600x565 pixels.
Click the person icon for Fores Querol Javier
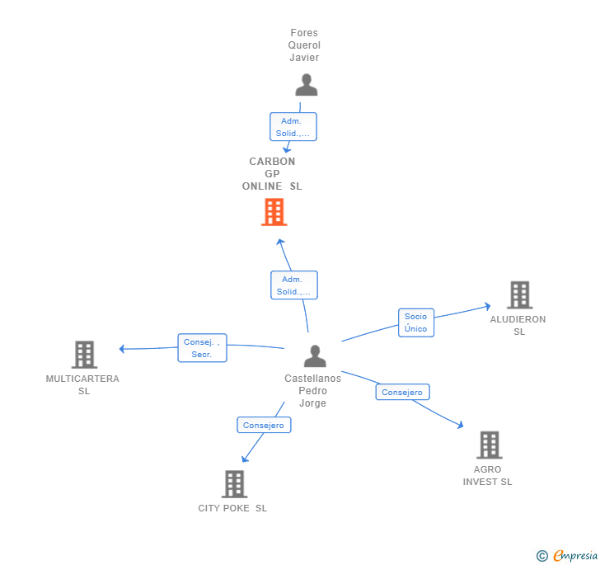click(x=306, y=85)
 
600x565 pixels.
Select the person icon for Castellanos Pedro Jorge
click(x=315, y=356)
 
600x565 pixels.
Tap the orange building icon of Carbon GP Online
click(x=274, y=212)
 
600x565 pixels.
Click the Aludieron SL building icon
click(x=519, y=294)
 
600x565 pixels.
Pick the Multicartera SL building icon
click(x=84, y=355)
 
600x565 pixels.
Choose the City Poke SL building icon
click(x=234, y=484)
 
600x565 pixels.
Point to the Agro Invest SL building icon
click(x=489, y=445)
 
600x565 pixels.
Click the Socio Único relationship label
click(x=415, y=323)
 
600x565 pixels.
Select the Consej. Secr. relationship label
click(x=202, y=348)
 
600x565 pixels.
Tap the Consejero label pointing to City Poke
click(x=264, y=426)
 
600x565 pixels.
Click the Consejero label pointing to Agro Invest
click(x=402, y=393)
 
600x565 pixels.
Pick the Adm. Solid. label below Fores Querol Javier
click(x=293, y=127)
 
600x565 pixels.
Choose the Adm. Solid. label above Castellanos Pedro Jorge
click(x=294, y=285)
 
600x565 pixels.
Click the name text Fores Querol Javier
click(x=304, y=45)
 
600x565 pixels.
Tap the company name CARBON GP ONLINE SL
click(x=272, y=174)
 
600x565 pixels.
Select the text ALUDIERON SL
click(x=518, y=325)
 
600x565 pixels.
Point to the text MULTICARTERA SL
click(x=82, y=384)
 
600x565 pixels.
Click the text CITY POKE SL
click(x=232, y=508)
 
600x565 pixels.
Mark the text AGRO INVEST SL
click(x=487, y=476)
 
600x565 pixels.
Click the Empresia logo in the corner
click(x=567, y=556)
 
